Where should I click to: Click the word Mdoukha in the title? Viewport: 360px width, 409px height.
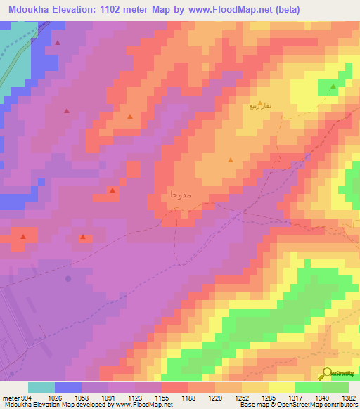pos(32,10)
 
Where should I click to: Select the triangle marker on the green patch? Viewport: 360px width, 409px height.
pos(333,86)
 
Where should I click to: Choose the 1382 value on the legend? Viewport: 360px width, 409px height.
pos(347,397)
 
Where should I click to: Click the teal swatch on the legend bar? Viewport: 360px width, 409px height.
pos(41,387)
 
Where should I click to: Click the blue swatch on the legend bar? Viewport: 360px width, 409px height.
pos(68,387)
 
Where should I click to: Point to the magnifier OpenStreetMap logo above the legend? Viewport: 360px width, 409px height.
pos(338,374)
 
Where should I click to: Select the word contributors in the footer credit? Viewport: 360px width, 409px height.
pos(341,405)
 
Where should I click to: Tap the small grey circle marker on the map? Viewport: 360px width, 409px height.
pos(68,279)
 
